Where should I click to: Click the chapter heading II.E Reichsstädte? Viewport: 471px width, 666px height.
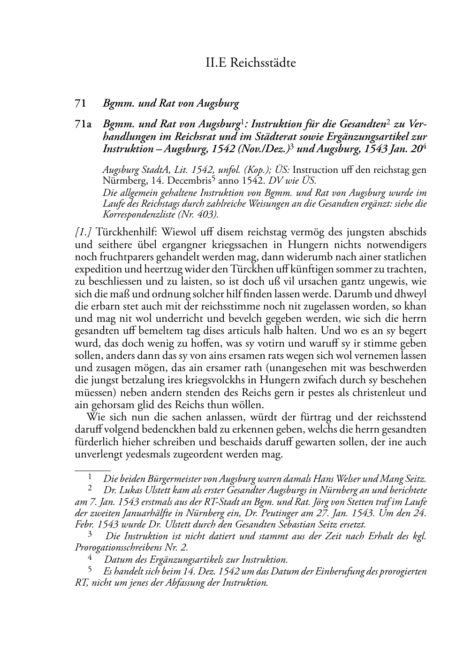251,62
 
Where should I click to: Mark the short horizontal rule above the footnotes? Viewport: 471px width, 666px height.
92,469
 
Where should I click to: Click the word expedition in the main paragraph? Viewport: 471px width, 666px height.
96,269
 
